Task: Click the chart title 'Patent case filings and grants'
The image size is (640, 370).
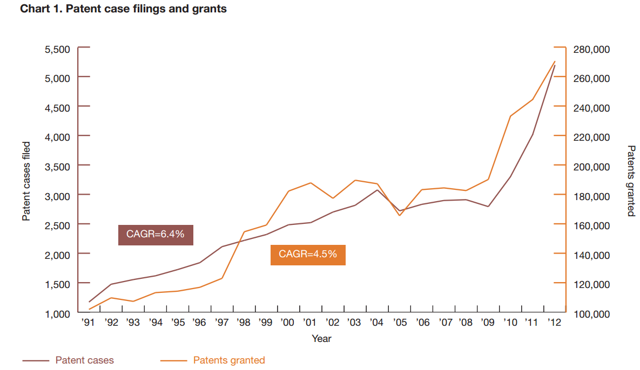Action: (x=123, y=9)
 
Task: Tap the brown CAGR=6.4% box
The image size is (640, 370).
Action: (x=156, y=234)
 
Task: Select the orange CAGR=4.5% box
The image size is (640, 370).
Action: (x=308, y=254)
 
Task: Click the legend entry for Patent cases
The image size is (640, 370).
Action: (x=84, y=360)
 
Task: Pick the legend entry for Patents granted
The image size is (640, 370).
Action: (x=229, y=360)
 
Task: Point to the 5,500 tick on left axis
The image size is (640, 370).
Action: (x=58, y=50)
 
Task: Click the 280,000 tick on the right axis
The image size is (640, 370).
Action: (x=591, y=50)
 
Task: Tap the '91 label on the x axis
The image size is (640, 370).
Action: (x=89, y=323)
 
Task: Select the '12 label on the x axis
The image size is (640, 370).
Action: (x=554, y=323)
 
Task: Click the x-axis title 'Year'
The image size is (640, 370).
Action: (x=321, y=339)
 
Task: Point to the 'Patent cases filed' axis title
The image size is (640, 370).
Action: (x=26, y=181)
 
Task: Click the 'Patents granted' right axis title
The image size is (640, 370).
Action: (x=630, y=181)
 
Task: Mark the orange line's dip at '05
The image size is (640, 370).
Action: (x=400, y=215)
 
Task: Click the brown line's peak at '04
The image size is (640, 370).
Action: (x=378, y=190)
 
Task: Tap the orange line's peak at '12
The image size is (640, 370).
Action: (x=555, y=61)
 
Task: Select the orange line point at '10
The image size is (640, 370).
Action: (x=510, y=116)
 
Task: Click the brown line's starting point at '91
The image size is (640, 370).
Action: (x=89, y=302)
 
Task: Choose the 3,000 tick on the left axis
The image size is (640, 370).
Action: (x=58, y=195)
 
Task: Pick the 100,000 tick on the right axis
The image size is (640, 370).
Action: (x=591, y=313)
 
